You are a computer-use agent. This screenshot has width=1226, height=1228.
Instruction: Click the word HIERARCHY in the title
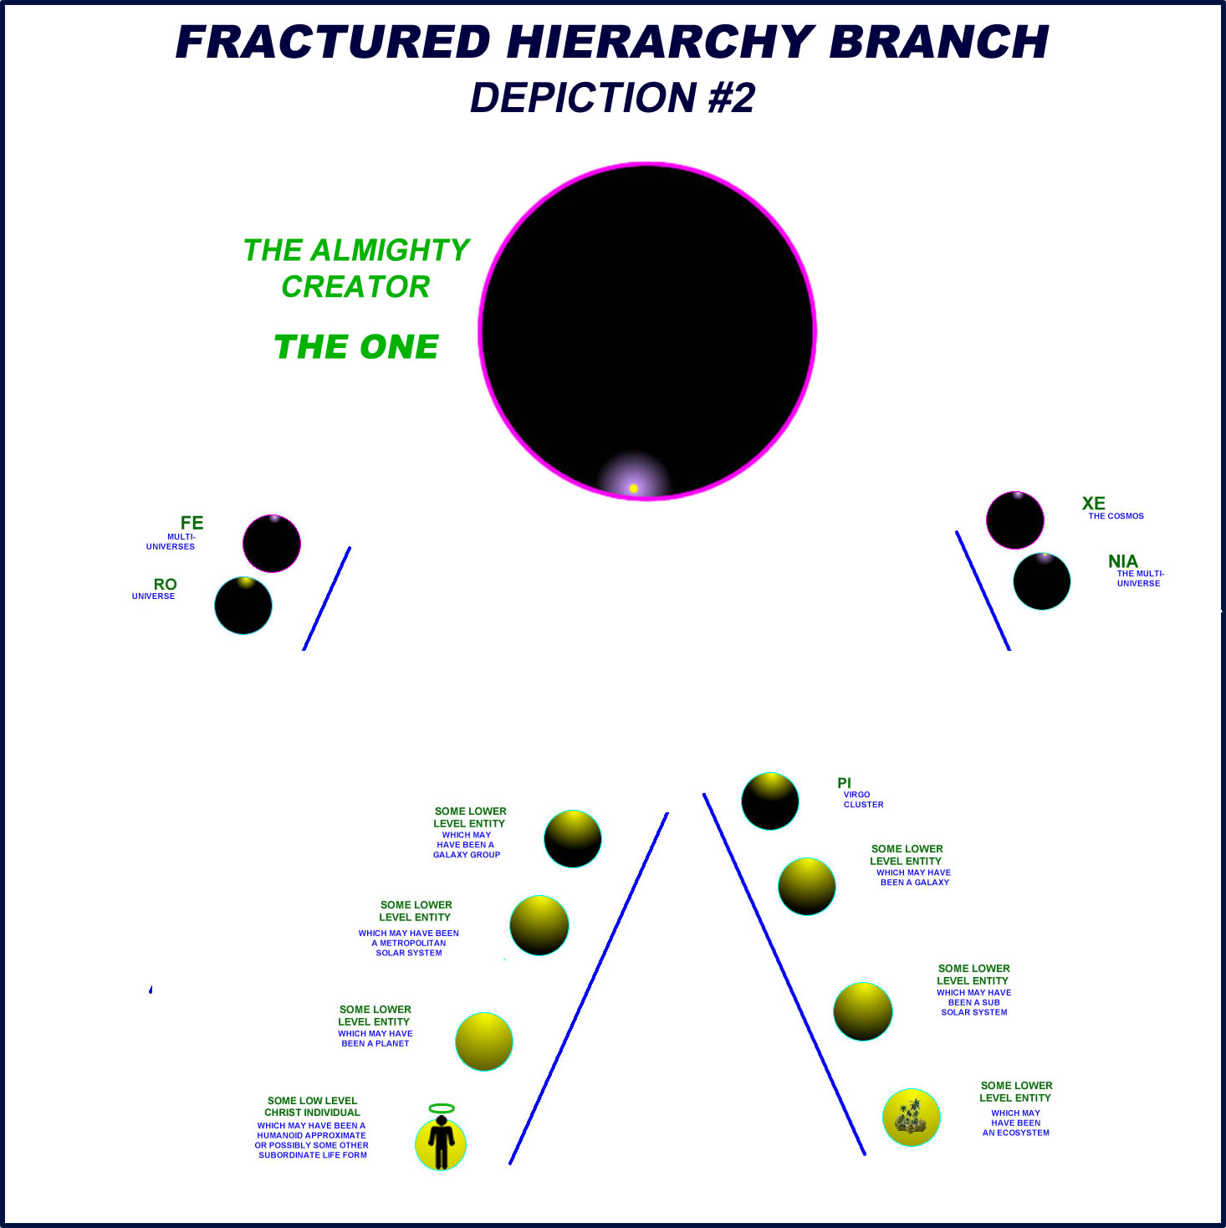click(x=660, y=42)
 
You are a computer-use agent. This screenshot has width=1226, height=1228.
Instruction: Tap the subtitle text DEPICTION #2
click(x=612, y=98)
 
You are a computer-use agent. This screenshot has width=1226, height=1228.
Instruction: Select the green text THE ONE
click(x=356, y=347)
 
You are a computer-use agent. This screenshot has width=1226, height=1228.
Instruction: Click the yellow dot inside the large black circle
click(x=633, y=488)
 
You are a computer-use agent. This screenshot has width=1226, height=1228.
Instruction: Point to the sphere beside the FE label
click(x=272, y=544)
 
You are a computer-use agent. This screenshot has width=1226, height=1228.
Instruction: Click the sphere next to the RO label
click(x=243, y=606)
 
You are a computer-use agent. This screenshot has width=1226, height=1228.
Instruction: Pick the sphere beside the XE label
click(x=1015, y=520)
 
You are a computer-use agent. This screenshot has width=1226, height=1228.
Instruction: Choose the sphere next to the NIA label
click(x=1042, y=581)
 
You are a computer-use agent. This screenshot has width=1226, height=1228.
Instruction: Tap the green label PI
click(x=844, y=783)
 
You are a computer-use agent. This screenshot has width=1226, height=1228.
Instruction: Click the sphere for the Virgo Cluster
click(x=770, y=801)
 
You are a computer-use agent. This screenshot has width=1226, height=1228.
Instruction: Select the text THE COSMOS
click(x=1116, y=516)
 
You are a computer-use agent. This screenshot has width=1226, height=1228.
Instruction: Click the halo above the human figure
click(x=442, y=1108)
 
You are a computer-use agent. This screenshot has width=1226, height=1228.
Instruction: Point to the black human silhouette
click(x=441, y=1143)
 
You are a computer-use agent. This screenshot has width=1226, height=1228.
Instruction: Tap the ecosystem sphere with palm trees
click(x=912, y=1118)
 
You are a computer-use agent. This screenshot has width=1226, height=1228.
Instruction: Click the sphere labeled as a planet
click(x=484, y=1041)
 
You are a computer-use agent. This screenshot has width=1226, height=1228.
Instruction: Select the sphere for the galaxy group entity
click(x=573, y=839)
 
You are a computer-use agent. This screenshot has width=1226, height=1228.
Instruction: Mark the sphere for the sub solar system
click(x=863, y=1011)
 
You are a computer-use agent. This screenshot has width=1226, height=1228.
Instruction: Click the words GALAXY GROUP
click(x=467, y=855)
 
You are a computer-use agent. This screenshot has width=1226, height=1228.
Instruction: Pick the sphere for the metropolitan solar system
click(x=539, y=925)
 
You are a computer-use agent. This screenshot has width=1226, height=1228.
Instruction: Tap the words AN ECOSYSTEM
click(x=1015, y=1133)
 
